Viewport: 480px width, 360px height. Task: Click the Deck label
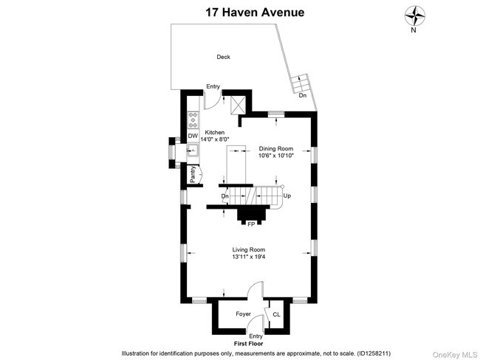point(223,57)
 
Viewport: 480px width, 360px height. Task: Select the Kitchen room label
point(215,133)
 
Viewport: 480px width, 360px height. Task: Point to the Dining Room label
point(276,148)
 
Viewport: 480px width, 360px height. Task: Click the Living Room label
point(248,249)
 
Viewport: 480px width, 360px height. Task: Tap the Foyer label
point(244,314)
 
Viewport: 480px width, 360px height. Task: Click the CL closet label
point(276,314)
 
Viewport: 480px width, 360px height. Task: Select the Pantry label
point(193,174)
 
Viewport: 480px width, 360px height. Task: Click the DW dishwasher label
point(191,136)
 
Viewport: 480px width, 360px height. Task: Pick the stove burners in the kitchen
point(192,120)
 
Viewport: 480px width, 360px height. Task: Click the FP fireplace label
point(251,224)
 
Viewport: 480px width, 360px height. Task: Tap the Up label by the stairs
point(287,196)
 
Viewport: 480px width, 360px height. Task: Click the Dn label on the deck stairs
point(302,95)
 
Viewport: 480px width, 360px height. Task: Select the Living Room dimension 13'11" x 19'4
point(248,257)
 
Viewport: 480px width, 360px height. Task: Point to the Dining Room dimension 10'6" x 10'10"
point(276,156)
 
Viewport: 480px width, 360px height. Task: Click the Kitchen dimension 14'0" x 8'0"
point(215,139)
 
